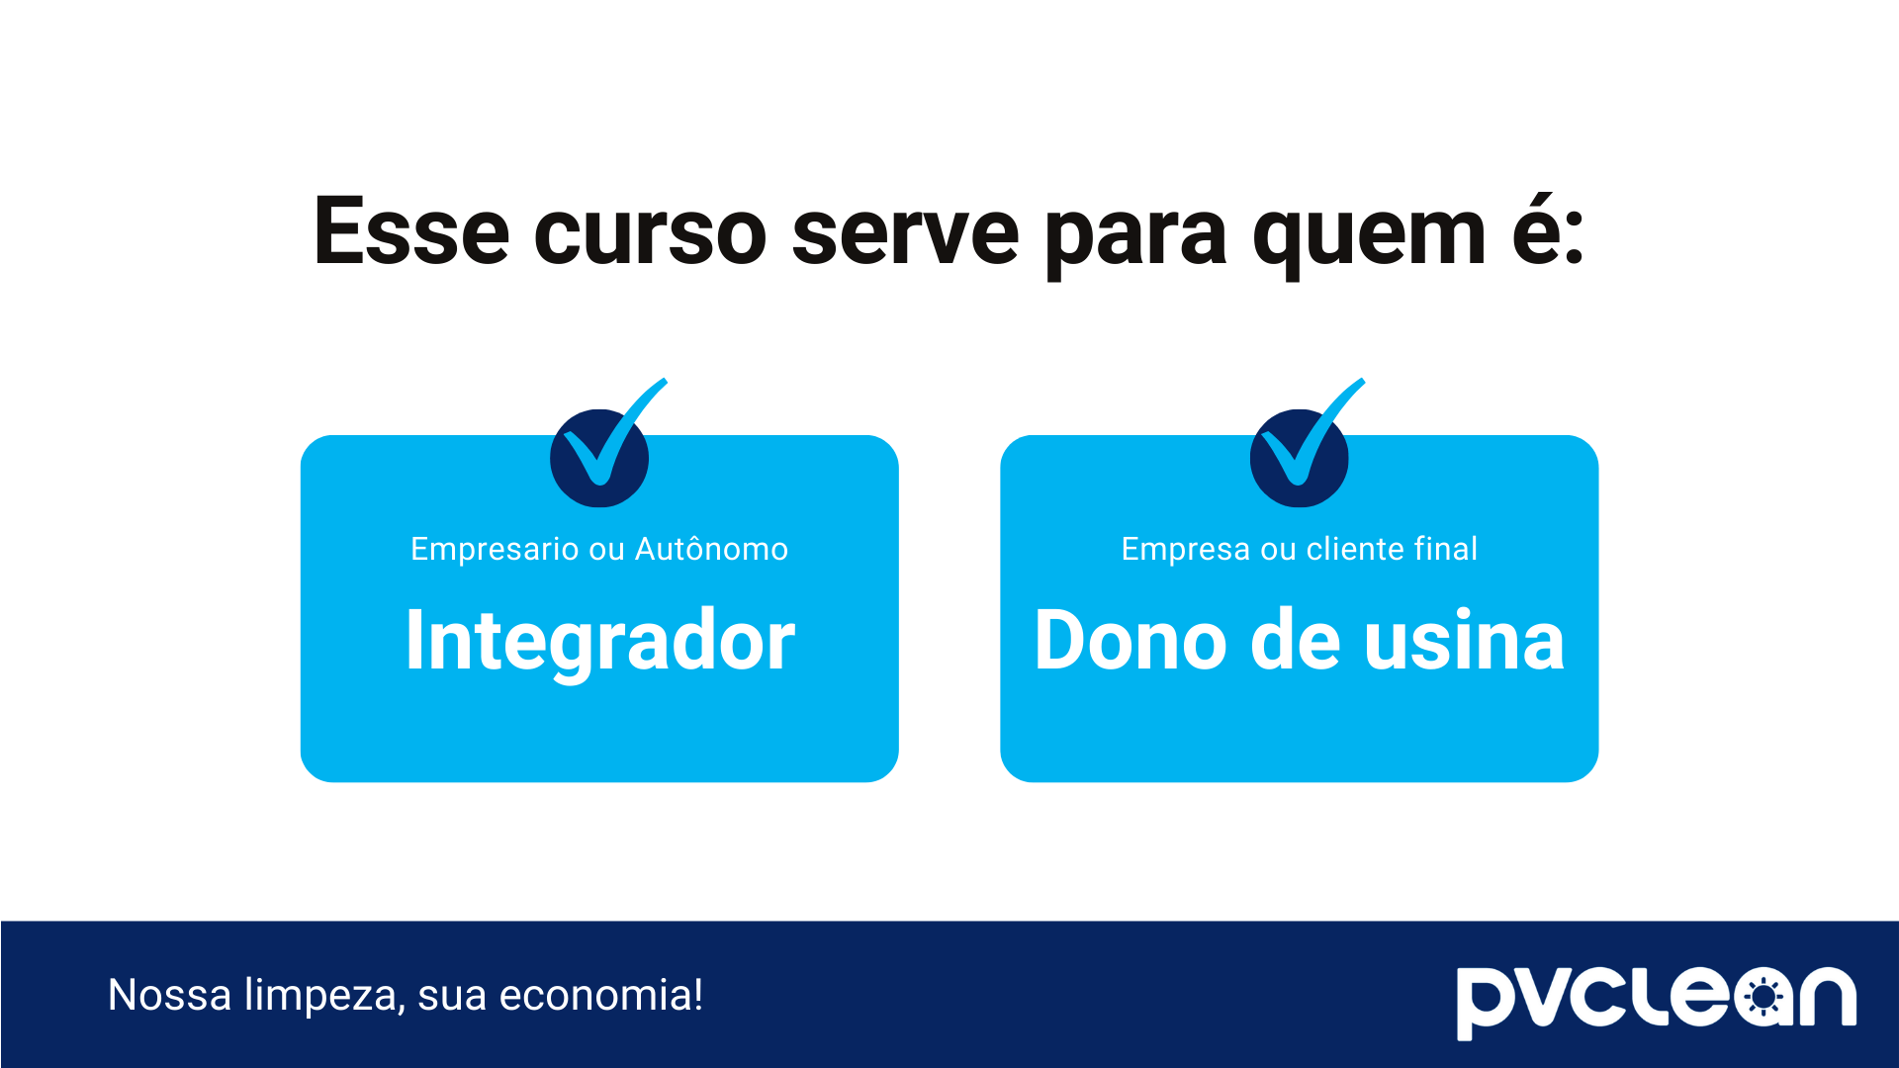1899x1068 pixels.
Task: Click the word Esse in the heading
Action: point(410,232)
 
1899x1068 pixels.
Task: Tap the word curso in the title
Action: point(650,234)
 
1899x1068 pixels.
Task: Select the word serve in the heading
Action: point(905,234)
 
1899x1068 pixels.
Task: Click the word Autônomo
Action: point(711,549)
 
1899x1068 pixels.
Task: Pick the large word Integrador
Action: point(599,641)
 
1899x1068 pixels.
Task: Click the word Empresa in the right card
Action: point(1185,550)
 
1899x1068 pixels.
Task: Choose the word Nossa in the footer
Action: point(169,995)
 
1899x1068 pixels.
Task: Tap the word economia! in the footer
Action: point(601,995)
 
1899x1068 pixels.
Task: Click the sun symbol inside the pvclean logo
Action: point(1763,998)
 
